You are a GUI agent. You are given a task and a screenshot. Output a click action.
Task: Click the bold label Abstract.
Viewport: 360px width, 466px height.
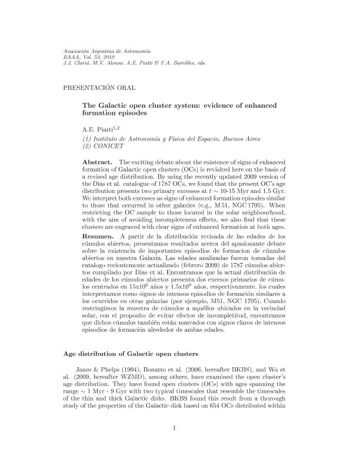(x=98, y=161)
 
